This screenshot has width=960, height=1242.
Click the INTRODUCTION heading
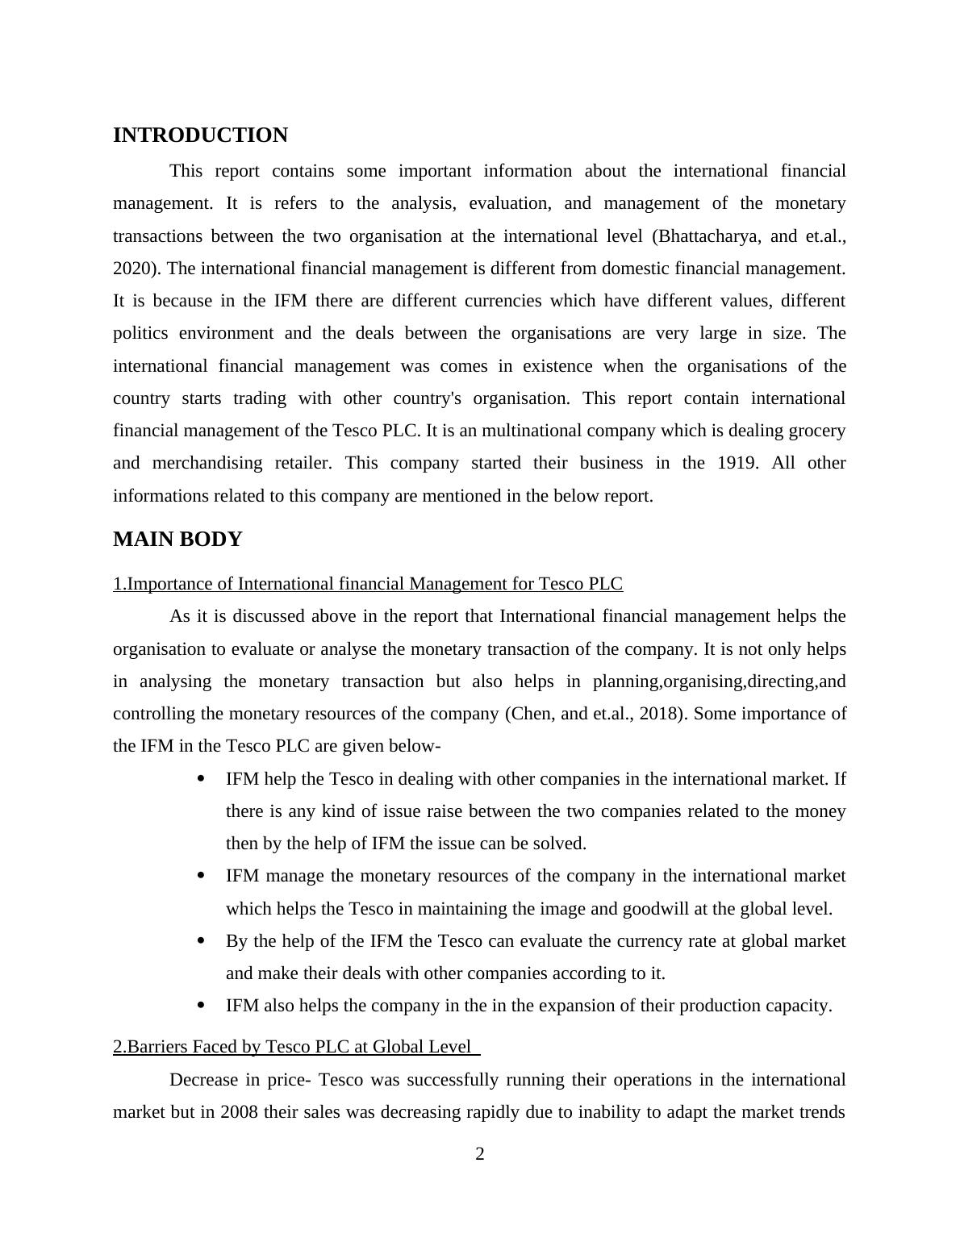200,135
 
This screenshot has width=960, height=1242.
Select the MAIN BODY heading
177,540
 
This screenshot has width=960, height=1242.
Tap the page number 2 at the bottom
480,1154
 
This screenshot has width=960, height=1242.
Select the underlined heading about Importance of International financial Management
368,584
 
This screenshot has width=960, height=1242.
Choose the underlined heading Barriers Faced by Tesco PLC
296,1047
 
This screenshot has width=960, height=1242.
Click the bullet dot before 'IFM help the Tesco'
201,779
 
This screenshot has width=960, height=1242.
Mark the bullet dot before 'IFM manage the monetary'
201,876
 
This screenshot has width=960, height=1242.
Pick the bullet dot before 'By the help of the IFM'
201,941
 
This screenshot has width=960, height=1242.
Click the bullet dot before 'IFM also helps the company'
201,1006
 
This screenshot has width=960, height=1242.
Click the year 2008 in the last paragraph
239,1112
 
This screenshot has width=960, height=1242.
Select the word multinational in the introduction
524,431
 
